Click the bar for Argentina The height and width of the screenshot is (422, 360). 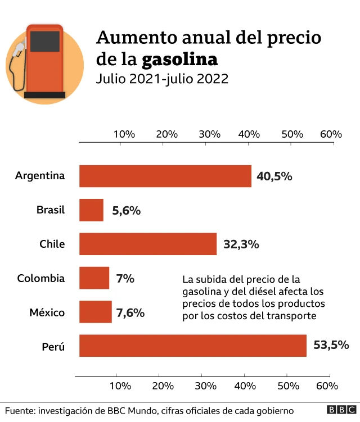coord(165,176)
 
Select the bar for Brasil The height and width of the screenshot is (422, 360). coord(91,210)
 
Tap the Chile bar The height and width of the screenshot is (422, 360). coord(148,244)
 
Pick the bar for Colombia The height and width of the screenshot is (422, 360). coord(94,278)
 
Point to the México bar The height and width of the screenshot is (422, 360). coord(95,312)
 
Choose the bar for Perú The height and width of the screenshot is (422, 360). coord(192,346)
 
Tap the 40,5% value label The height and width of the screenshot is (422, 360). coord(274,176)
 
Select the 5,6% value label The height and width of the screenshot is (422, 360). coord(126,211)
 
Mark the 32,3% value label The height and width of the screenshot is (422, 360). coord(241,244)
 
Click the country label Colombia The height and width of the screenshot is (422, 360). coord(40,278)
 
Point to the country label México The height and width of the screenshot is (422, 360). coord(47,312)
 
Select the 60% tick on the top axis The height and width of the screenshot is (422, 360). coord(331,134)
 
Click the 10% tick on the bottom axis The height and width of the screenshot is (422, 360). coord(120,386)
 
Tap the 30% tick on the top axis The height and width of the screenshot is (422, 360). coord(209,134)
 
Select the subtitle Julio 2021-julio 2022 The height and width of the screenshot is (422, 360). coord(162,79)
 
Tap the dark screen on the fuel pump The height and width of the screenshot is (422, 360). coord(44,41)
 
